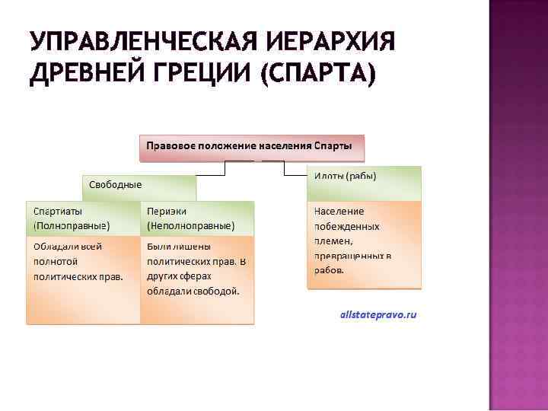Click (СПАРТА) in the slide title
coord(319,75)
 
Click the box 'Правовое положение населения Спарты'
coord(251,145)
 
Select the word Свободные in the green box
coord(115,185)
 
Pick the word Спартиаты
coord(59,211)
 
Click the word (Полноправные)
coord(72,226)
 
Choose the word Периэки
coord(167,211)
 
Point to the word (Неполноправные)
coord(190,226)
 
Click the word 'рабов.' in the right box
coord(329,269)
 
